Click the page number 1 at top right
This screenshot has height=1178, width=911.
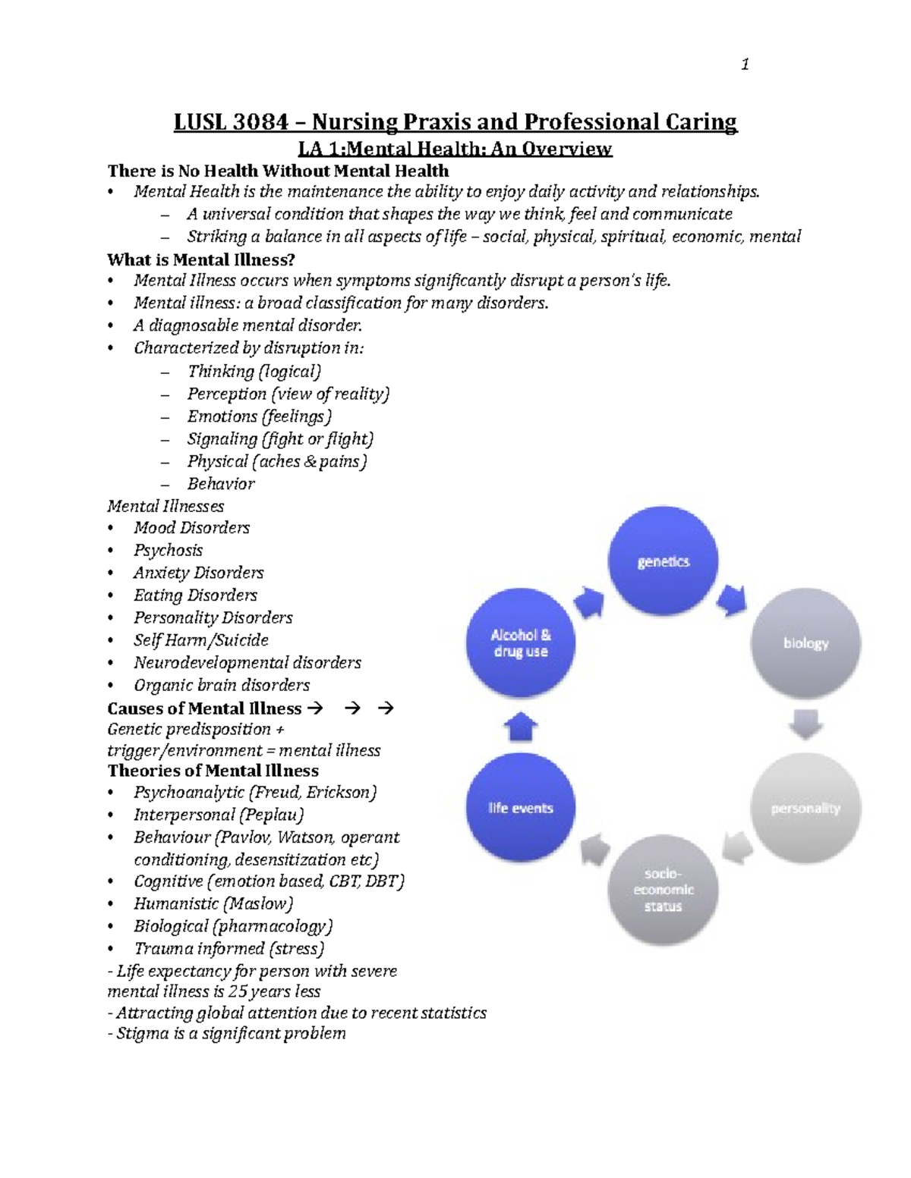pos(745,64)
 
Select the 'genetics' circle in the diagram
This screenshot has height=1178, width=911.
pos(664,562)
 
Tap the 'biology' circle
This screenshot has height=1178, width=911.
pos(805,643)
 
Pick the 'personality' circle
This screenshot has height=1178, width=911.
pos(805,809)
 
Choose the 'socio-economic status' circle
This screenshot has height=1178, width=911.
pos(663,890)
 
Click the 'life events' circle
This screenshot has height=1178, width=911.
pos(521,809)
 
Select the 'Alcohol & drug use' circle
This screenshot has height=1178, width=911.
pos(521,643)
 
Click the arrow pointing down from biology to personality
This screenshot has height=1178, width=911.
pos(805,724)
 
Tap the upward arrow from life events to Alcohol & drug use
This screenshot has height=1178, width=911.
pos(521,727)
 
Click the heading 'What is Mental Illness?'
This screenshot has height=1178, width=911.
pos(201,260)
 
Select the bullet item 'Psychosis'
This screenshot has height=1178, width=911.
pos(169,551)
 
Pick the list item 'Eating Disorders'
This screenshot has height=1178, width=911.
pos(196,595)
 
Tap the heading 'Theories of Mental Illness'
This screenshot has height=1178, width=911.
pos(213,771)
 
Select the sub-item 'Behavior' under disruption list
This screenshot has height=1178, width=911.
pos(221,484)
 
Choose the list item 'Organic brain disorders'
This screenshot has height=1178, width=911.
pos(222,686)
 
